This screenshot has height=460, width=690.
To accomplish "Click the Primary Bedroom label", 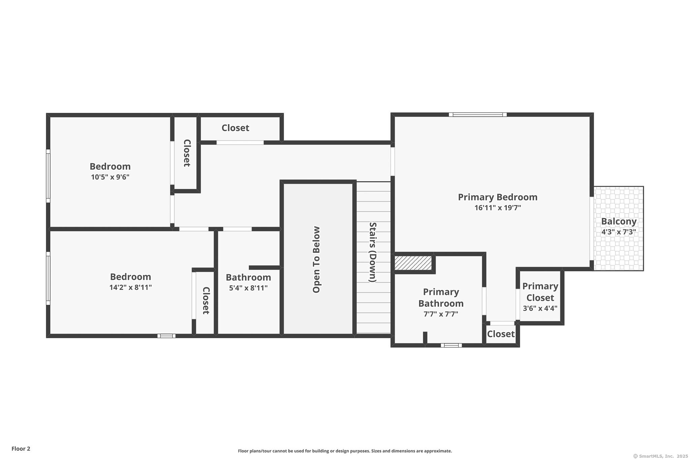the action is click(497, 197).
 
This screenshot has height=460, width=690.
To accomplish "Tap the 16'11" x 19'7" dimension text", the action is click(498, 208).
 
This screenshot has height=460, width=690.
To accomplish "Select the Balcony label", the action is click(619, 221).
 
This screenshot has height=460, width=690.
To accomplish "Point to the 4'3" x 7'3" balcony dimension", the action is click(619, 232).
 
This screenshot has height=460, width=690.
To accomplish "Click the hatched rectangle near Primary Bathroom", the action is click(413, 263).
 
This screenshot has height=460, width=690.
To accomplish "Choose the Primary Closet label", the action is click(540, 292).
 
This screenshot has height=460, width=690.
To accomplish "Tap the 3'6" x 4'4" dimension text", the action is click(540, 308).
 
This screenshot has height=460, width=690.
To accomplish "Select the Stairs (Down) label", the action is click(373, 252).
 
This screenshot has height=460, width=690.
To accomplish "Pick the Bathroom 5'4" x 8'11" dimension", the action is click(248, 288).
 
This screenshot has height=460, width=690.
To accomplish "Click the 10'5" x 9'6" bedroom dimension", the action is click(110, 177).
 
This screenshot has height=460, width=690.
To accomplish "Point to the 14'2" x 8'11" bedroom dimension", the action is click(130, 287).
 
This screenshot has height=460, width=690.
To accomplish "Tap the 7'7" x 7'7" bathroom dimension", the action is click(441, 314).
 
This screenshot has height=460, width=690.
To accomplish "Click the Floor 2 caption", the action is click(21, 449).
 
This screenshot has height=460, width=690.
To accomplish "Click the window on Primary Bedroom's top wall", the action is click(478, 115).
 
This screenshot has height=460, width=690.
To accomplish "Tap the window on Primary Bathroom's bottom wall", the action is click(451, 345).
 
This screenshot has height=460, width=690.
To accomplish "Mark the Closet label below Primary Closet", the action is click(501, 334).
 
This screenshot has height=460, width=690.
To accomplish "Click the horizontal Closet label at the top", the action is click(235, 128).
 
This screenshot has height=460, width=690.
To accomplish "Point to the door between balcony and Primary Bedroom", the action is click(592, 228).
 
